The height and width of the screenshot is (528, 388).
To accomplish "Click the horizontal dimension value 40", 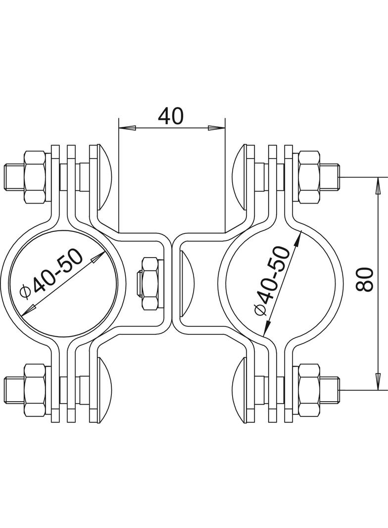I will (171, 116).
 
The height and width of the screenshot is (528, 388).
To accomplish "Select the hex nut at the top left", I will (37, 177).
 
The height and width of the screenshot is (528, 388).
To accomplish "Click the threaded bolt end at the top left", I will (12, 177).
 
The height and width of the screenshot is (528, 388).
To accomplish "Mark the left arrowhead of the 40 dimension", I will (127, 129).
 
